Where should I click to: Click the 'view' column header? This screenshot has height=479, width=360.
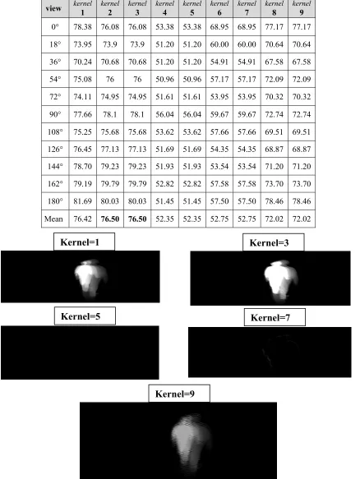click(x=53, y=8)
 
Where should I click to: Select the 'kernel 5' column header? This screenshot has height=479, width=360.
click(x=192, y=8)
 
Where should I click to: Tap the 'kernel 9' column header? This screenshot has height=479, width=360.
click(x=302, y=8)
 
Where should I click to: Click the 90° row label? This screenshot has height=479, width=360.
click(x=55, y=114)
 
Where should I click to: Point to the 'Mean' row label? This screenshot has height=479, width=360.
click(x=53, y=219)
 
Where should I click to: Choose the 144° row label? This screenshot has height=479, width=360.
click(x=55, y=167)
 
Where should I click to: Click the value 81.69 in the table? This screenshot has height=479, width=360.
click(x=82, y=201)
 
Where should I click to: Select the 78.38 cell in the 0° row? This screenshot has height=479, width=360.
click(x=82, y=27)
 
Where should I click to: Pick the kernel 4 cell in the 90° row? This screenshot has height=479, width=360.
click(x=164, y=114)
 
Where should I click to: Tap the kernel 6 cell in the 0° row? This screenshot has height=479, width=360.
click(x=219, y=27)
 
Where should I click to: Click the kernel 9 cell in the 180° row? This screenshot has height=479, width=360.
click(x=302, y=201)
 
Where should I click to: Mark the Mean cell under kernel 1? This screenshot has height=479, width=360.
click(x=82, y=219)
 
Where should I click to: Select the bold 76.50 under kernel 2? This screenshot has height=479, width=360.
click(x=110, y=219)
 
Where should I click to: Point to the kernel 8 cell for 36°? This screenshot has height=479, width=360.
click(x=275, y=62)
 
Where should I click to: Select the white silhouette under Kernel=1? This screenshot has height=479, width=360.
click(x=90, y=278)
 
